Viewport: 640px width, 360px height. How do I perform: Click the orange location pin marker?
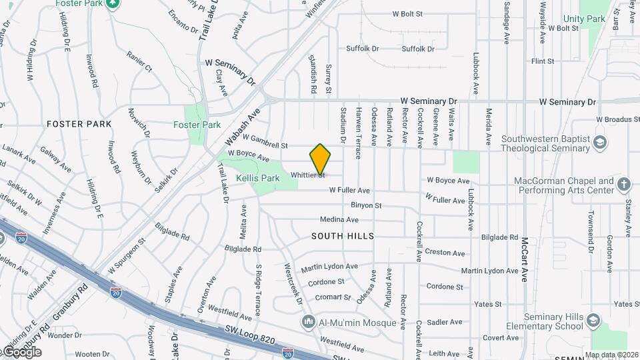[x=321, y=159]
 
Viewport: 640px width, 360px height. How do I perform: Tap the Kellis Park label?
[x=258, y=179]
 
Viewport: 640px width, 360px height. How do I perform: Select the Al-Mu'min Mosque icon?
[x=308, y=323]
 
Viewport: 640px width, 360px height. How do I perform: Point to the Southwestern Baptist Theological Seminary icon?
[x=600, y=143]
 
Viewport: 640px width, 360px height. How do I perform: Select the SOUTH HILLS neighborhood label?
[x=342, y=237]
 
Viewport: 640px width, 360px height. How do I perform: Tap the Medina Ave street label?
[x=339, y=219]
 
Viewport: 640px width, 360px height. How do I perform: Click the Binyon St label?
[x=366, y=206]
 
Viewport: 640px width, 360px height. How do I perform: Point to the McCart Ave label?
[x=525, y=260]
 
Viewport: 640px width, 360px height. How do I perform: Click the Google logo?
[x=21, y=351]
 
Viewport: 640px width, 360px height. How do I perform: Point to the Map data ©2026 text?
[x=611, y=355]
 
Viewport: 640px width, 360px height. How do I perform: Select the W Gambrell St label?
[x=265, y=141]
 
